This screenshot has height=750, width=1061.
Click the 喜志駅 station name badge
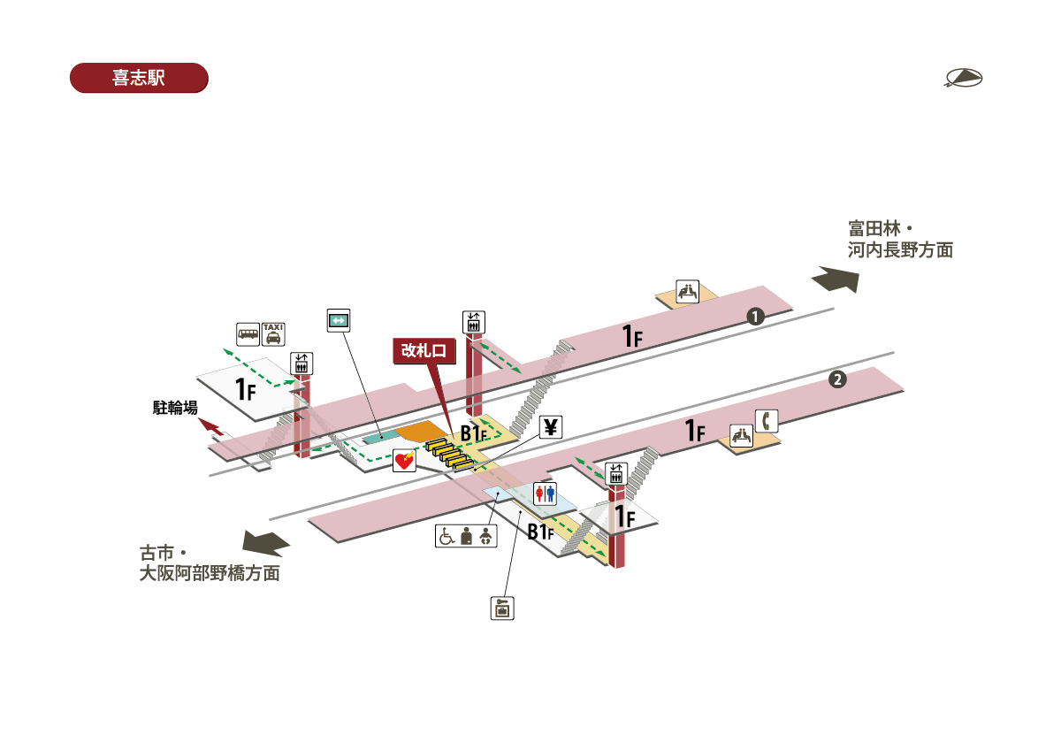coord(138,78)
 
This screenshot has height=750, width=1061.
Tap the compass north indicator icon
coord(964,79)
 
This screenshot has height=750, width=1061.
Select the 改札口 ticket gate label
coord(424,351)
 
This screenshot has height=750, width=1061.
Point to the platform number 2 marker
coord(837,380)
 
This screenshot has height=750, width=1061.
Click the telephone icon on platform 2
coord(766,420)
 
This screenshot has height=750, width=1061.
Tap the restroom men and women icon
coord(545,494)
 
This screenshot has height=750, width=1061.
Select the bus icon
coord(248,333)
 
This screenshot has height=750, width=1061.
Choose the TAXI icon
coord(273,333)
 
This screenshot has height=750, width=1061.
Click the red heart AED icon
coord(404,461)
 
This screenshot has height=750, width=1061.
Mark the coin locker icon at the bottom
coord(502,608)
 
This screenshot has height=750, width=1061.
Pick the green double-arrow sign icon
coord(340,319)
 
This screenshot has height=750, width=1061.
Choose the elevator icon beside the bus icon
coord(302,363)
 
